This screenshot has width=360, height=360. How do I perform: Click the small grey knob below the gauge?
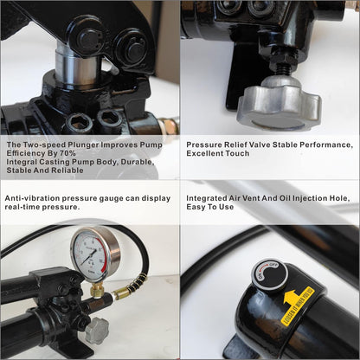point(96,330)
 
